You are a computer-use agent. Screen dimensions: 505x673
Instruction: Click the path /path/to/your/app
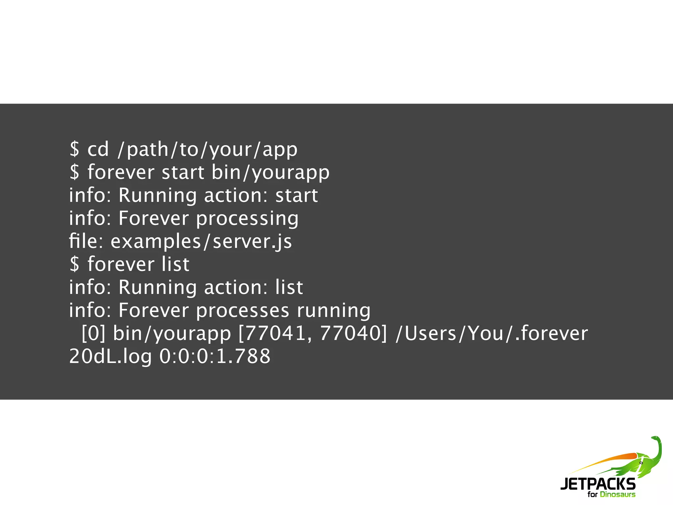207,150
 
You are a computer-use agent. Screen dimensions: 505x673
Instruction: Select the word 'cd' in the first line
98,150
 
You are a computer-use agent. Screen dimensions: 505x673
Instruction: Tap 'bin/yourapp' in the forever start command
270,173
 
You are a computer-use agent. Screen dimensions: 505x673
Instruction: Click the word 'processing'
247,219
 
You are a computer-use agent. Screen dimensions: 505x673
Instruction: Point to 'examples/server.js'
201,242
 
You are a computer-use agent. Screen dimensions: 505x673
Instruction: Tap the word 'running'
334,311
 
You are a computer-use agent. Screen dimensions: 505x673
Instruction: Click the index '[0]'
93,333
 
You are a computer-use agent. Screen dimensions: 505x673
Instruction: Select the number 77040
350,333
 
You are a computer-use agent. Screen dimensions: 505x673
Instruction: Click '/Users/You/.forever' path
492,333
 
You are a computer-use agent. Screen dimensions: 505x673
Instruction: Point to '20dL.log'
110,356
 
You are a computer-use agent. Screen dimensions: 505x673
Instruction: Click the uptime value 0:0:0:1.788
215,356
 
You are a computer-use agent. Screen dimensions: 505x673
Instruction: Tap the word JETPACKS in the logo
598,484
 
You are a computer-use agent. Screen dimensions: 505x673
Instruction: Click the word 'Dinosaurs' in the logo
617,494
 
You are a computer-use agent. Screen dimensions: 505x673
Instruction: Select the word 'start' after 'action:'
296,196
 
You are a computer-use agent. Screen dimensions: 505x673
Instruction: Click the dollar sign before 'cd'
75,150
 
